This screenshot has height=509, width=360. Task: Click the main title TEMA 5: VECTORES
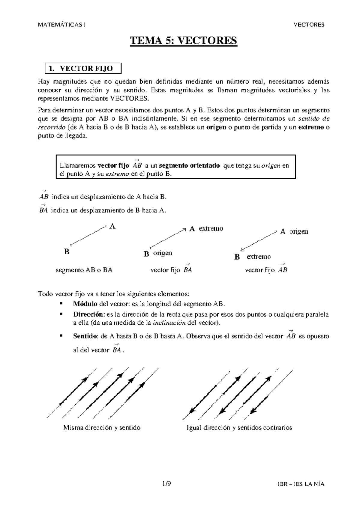point(183,40)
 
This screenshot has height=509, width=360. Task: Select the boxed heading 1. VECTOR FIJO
point(83,68)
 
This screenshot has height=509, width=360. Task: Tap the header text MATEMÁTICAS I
point(61,25)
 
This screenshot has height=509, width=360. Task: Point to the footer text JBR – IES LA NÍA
point(301,484)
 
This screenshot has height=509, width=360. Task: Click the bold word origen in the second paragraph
point(216,127)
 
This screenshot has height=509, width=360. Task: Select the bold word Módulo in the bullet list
point(85,304)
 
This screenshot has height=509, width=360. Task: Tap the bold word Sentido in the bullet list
point(85,336)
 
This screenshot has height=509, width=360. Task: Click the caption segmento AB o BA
point(84,270)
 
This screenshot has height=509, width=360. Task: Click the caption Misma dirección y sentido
point(102,427)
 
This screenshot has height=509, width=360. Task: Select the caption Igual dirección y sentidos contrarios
point(239,427)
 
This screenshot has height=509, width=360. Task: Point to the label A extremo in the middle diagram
point(206,229)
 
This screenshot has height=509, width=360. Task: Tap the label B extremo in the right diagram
point(253,257)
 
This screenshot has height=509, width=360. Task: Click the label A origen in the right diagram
point(294,231)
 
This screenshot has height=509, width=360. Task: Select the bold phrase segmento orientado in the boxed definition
point(189,165)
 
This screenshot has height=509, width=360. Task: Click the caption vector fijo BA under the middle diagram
point(171,270)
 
